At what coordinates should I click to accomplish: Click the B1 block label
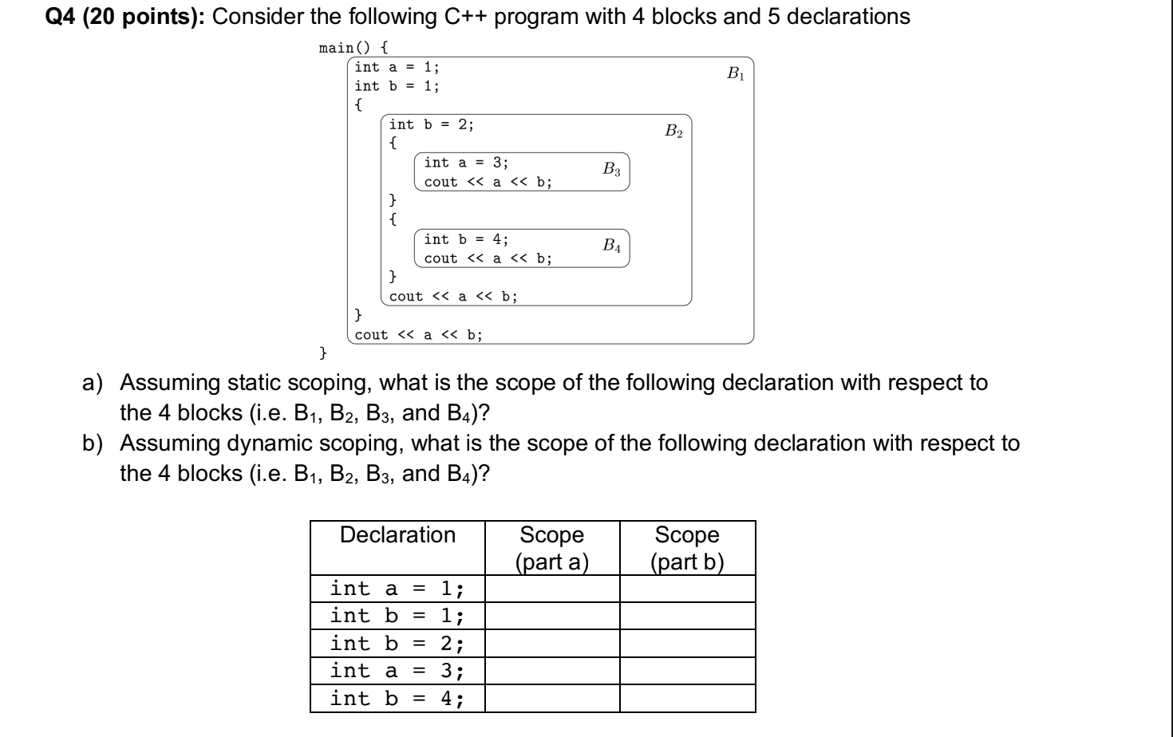coord(735,74)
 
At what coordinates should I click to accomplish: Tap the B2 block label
coord(673,131)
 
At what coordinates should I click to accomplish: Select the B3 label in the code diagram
coord(612,169)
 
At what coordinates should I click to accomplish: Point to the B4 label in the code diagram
coord(612,246)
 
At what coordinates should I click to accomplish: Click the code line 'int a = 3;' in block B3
coord(466,163)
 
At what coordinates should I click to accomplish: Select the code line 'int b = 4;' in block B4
coord(466,239)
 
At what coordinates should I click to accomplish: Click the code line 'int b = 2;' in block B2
coord(431,124)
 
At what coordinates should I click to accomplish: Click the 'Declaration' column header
coord(397,535)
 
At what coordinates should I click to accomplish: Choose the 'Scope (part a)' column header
coord(552,548)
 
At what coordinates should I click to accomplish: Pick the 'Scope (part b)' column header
coord(687,548)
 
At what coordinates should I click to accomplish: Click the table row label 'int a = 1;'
coord(397,589)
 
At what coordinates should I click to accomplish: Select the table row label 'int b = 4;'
coord(397,699)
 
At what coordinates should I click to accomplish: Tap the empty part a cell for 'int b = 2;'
coord(552,644)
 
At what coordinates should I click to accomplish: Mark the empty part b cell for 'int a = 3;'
coord(687,671)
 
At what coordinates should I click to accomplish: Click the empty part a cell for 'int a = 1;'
coord(552,589)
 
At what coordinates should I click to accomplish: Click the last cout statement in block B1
coord(418,335)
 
